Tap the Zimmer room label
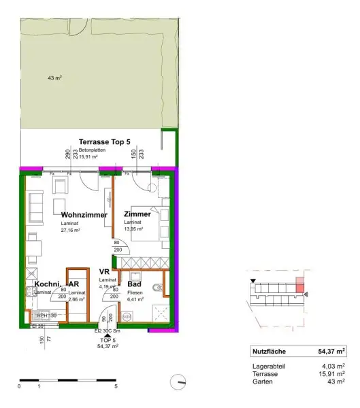(137, 214)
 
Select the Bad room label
(134, 284)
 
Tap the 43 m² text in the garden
(55, 78)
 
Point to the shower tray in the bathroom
(160, 312)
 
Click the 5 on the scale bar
(116, 386)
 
